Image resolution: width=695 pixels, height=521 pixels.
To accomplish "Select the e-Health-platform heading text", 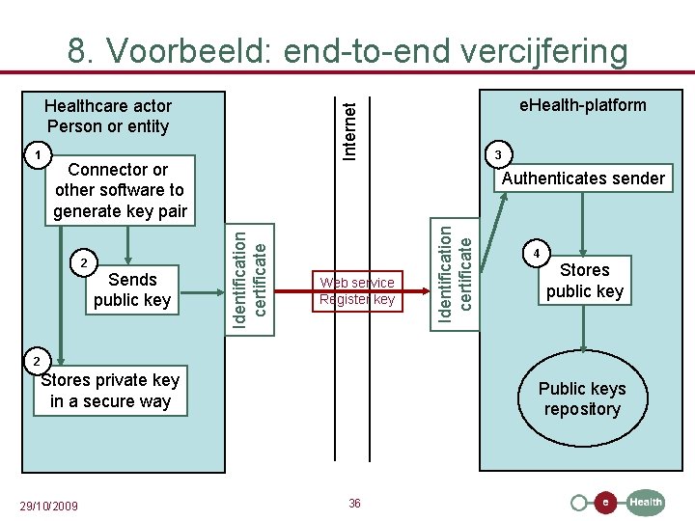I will (582, 105).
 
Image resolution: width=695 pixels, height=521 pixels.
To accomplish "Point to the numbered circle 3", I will (497, 154).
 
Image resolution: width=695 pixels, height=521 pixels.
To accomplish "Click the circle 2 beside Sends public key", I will (85, 262).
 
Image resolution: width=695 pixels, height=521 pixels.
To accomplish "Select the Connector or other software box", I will (120, 190).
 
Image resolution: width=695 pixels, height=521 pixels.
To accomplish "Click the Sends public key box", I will (132, 289).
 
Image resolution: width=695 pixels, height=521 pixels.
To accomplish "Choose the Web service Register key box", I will (357, 290).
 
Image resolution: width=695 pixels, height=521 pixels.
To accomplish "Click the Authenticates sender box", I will (583, 178).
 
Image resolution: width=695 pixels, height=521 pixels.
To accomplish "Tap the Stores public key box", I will (585, 281).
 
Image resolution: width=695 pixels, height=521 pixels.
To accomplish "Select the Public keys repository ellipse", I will (582, 398).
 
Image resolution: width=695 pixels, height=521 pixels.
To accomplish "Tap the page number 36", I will (354, 504).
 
